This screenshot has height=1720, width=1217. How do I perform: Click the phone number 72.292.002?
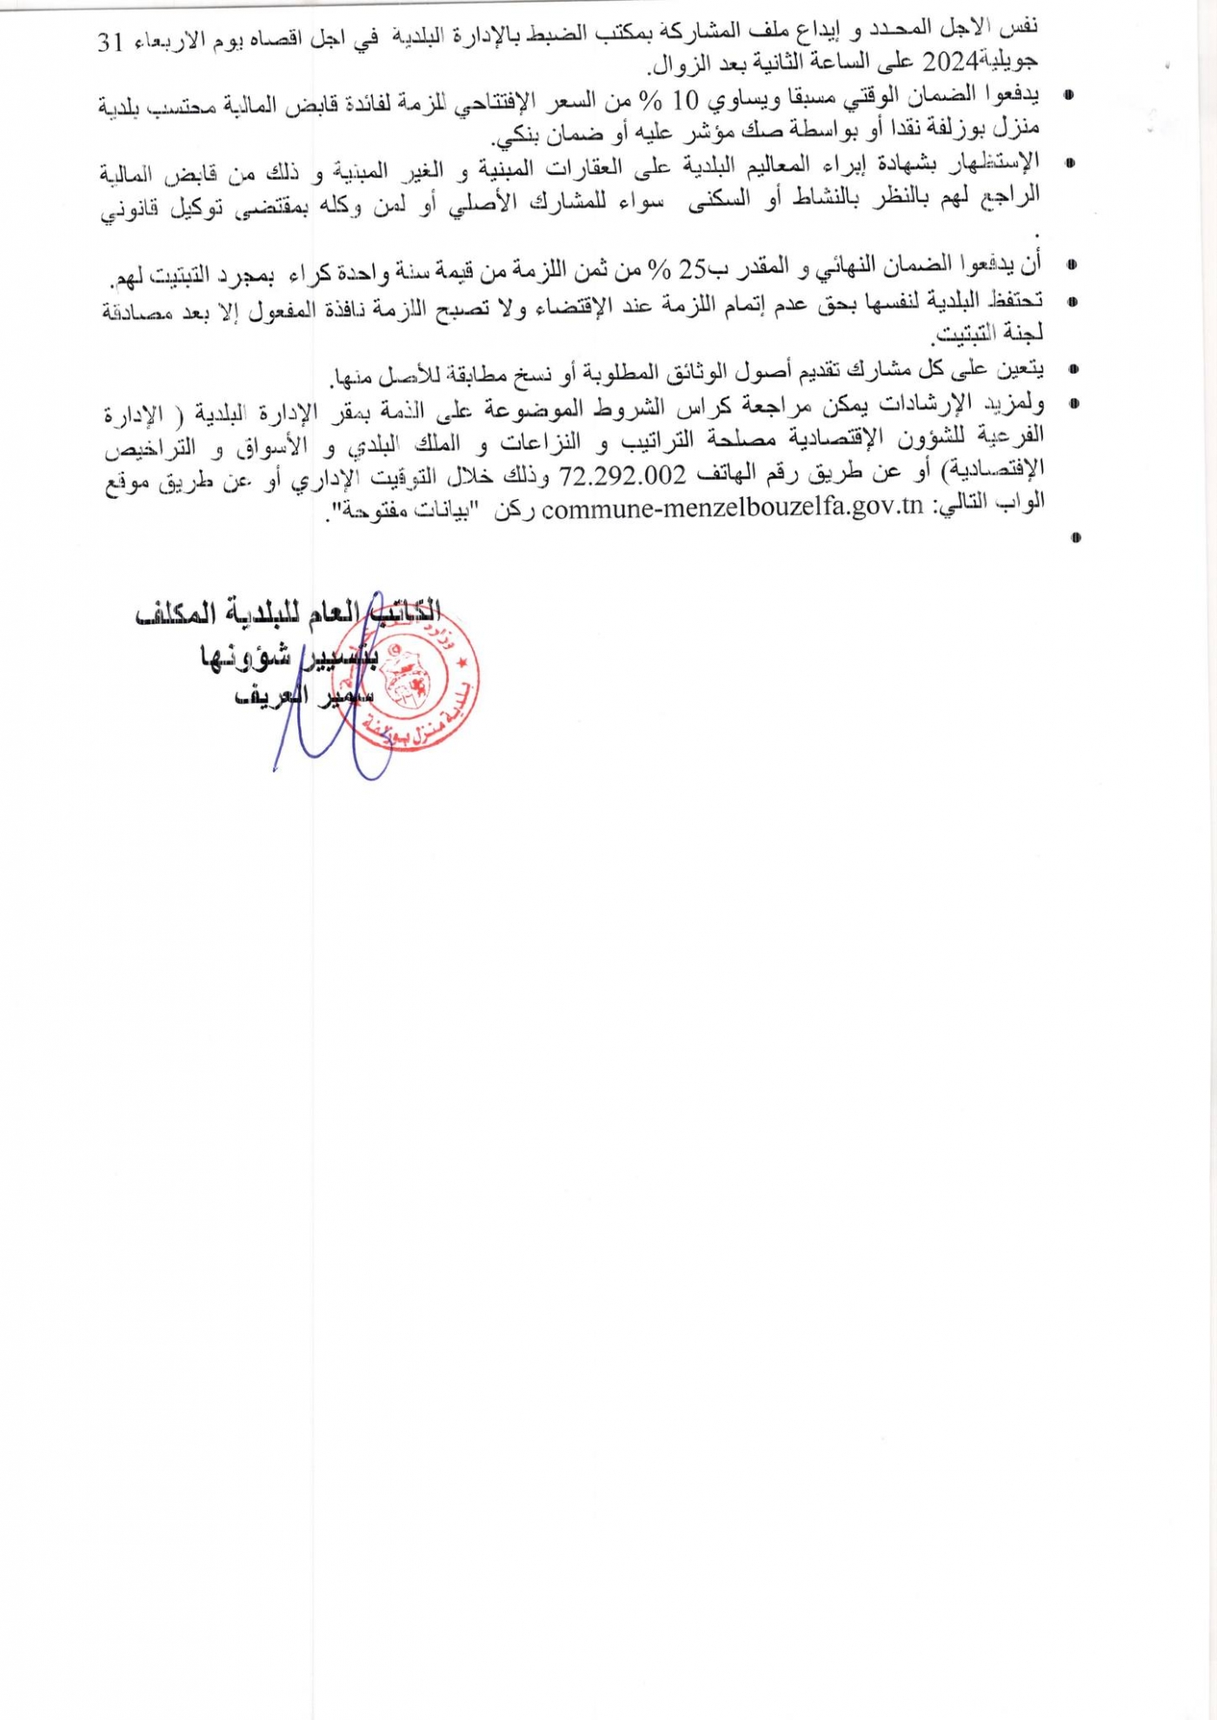(x=623, y=475)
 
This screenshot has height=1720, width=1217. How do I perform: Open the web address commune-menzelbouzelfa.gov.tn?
(x=732, y=508)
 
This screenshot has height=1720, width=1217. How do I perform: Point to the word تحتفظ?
(x=1015, y=301)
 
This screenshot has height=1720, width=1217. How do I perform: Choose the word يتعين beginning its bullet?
(x=1021, y=370)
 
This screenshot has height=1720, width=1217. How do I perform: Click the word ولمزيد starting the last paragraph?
(x=1020, y=404)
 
